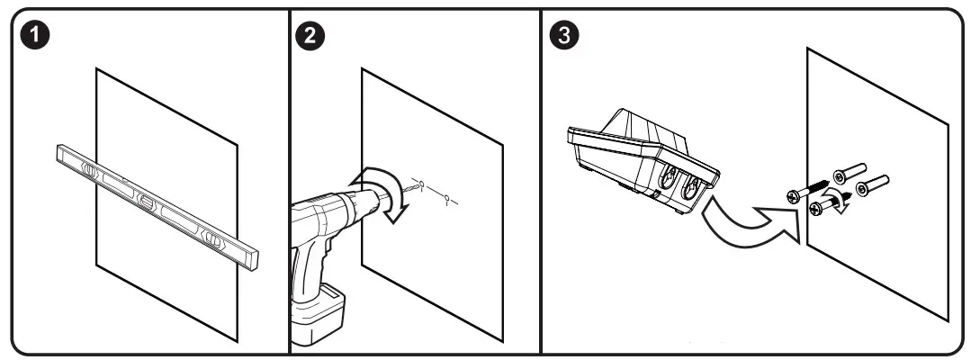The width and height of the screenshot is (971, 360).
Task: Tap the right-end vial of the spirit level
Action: pyautogui.click(x=212, y=238)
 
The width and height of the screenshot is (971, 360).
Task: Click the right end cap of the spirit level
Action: pyautogui.click(x=256, y=258)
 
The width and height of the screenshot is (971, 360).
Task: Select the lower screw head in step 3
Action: pyautogui.click(x=816, y=209)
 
